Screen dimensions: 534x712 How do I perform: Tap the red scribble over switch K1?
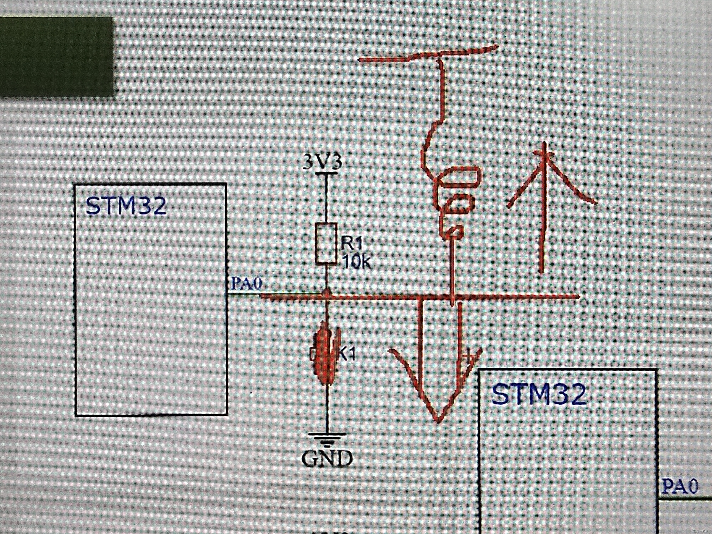tap(324, 354)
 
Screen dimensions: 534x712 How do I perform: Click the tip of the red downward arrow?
tap(438, 420)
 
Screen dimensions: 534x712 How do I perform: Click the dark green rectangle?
tap(56, 56)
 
